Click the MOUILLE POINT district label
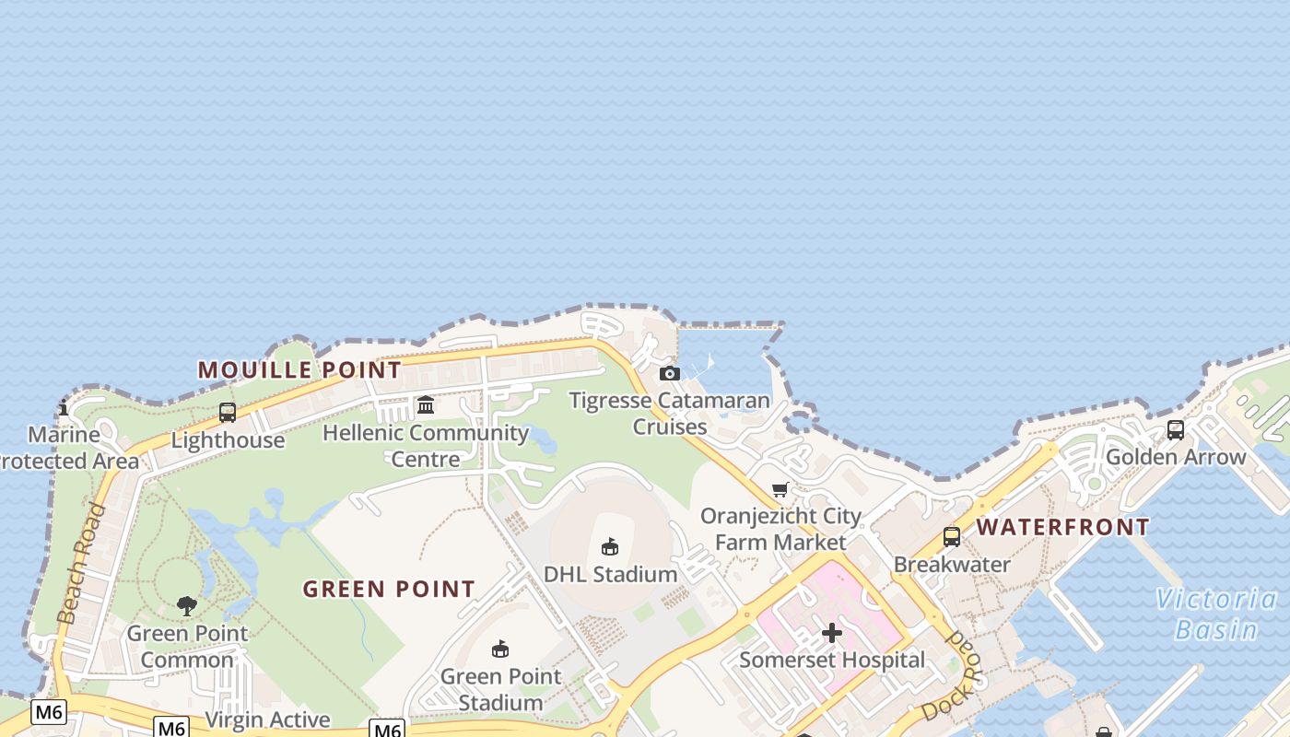[299, 370]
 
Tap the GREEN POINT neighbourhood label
[389, 589]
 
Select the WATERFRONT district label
[1062, 527]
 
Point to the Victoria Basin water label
[1216, 614]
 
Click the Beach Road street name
[81, 564]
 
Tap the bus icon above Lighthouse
[228, 413]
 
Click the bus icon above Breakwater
[952, 537]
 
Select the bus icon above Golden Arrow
[1176, 429]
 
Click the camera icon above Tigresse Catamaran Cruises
[670, 373]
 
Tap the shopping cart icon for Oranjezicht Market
[780, 489]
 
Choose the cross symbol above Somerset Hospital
[832, 633]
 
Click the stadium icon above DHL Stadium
[609, 547]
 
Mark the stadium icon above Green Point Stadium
[500, 649]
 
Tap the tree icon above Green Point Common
[187, 605]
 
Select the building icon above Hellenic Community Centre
[426, 405]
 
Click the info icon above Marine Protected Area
[64, 406]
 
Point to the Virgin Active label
[267, 719]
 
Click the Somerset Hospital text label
[832, 660]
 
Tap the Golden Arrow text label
[1176, 457]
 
